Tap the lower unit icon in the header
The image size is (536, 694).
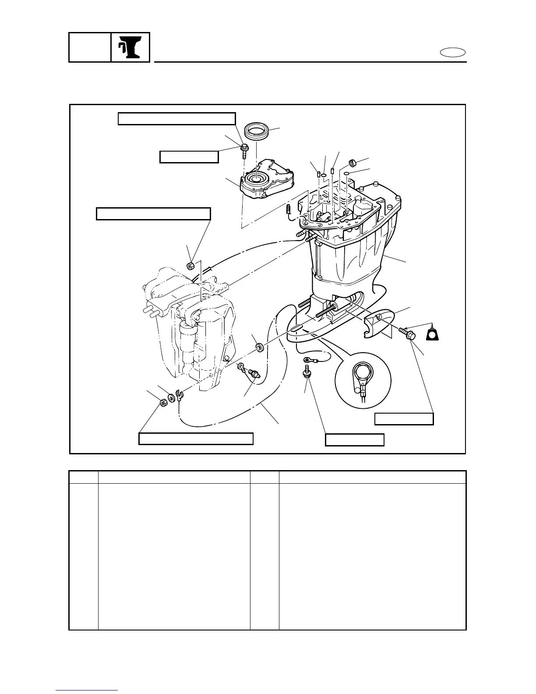tap(130, 47)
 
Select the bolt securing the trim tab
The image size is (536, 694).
tap(407, 333)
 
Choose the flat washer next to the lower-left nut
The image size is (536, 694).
tap(171, 398)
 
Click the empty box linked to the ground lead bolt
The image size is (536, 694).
tap(355, 439)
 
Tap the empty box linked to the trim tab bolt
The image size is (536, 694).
tap(404, 419)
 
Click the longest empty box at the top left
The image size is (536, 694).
tap(177, 119)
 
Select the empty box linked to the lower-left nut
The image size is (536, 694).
tap(196, 439)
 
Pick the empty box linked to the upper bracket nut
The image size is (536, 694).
tap(153, 214)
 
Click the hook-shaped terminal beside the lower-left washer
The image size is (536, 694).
tap(179, 396)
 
